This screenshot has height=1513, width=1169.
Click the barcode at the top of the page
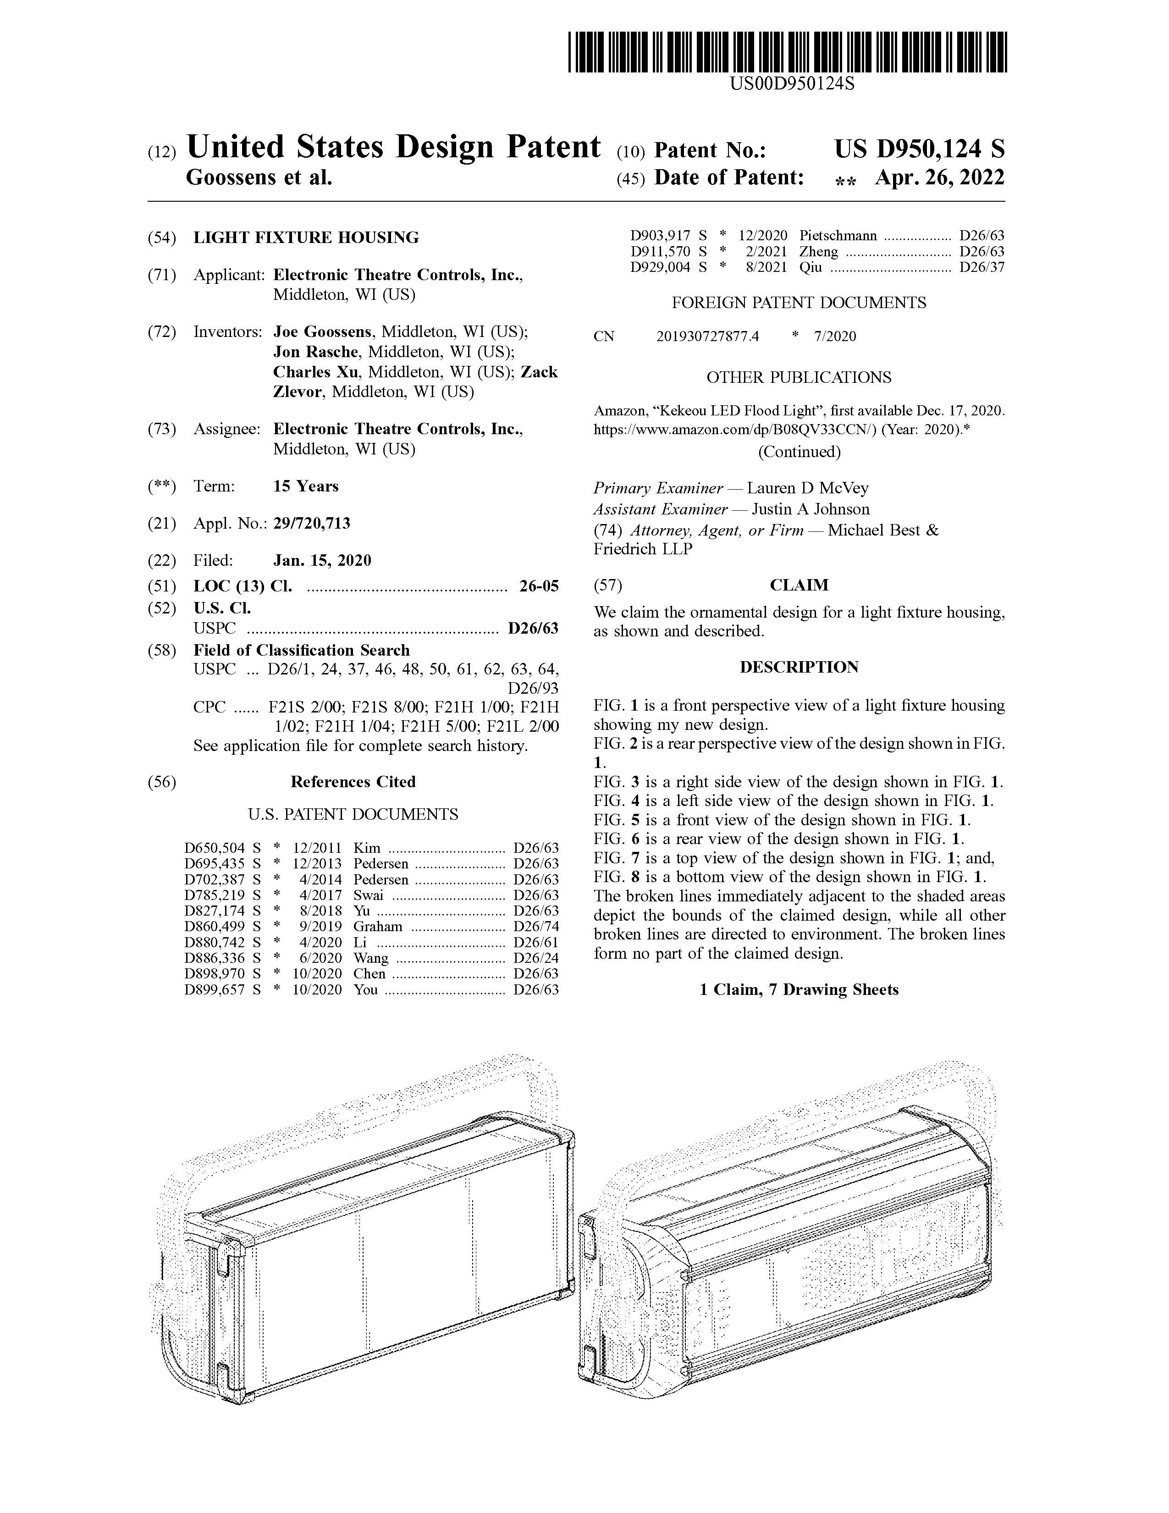(788, 52)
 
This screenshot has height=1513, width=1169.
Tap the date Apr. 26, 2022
(939, 178)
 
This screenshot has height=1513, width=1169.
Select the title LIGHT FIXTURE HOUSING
(306, 237)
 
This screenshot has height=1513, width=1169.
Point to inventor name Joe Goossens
(322, 332)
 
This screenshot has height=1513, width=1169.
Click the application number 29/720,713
(312, 523)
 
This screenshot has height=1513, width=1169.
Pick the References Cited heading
(353, 782)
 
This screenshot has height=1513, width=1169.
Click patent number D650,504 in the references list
(215, 848)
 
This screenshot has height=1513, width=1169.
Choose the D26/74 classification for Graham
(535, 927)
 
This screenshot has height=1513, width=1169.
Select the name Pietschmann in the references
(838, 236)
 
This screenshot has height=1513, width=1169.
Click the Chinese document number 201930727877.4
(708, 337)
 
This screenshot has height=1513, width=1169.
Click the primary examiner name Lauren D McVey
(807, 488)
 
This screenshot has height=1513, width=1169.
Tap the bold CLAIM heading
(799, 585)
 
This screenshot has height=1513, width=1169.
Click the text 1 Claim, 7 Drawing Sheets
(799, 990)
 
